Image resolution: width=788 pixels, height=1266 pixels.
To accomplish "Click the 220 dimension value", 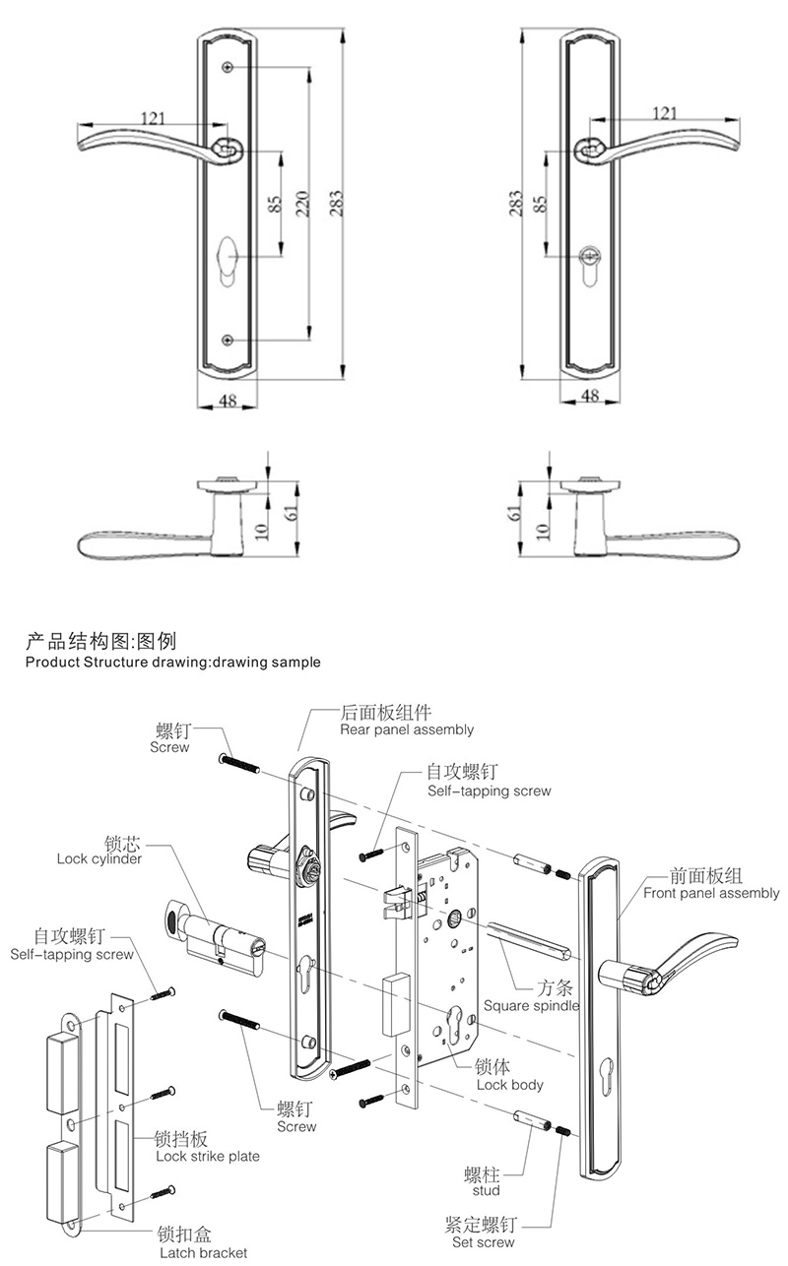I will [303, 202].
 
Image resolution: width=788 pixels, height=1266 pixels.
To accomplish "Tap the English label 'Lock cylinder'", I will [99, 858].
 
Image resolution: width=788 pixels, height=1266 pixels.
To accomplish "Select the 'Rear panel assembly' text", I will [406, 729].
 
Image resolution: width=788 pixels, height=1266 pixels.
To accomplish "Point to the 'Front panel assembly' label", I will [711, 894].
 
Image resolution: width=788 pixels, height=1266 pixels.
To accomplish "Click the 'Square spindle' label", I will [531, 1005].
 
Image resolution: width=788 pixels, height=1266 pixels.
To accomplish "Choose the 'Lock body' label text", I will [509, 1085].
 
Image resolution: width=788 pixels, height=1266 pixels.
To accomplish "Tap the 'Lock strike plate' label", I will [208, 1156].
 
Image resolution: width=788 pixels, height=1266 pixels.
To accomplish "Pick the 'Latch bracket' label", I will [204, 1252].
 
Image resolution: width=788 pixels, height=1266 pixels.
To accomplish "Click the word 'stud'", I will [487, 1191].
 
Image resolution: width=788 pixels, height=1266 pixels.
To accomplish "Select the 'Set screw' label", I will [483, 1242].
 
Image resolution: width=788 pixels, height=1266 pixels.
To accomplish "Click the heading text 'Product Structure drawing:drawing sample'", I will [172, 663].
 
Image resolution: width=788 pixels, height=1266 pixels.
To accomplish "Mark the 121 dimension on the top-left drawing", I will [153, 119].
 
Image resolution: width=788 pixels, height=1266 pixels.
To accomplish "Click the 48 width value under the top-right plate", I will [590, 395].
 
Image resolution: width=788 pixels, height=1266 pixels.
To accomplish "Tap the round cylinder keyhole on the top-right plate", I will [591, 254].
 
